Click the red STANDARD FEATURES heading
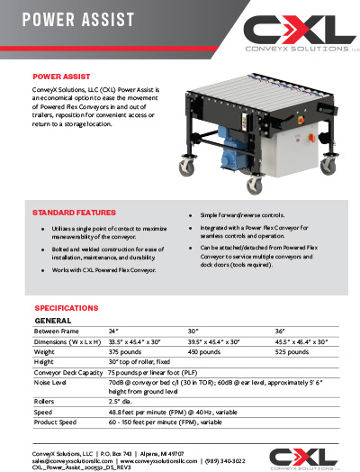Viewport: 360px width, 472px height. coord(75,213)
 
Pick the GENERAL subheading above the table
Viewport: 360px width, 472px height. coord(53,321)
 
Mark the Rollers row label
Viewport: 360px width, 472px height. coord(46,402)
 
